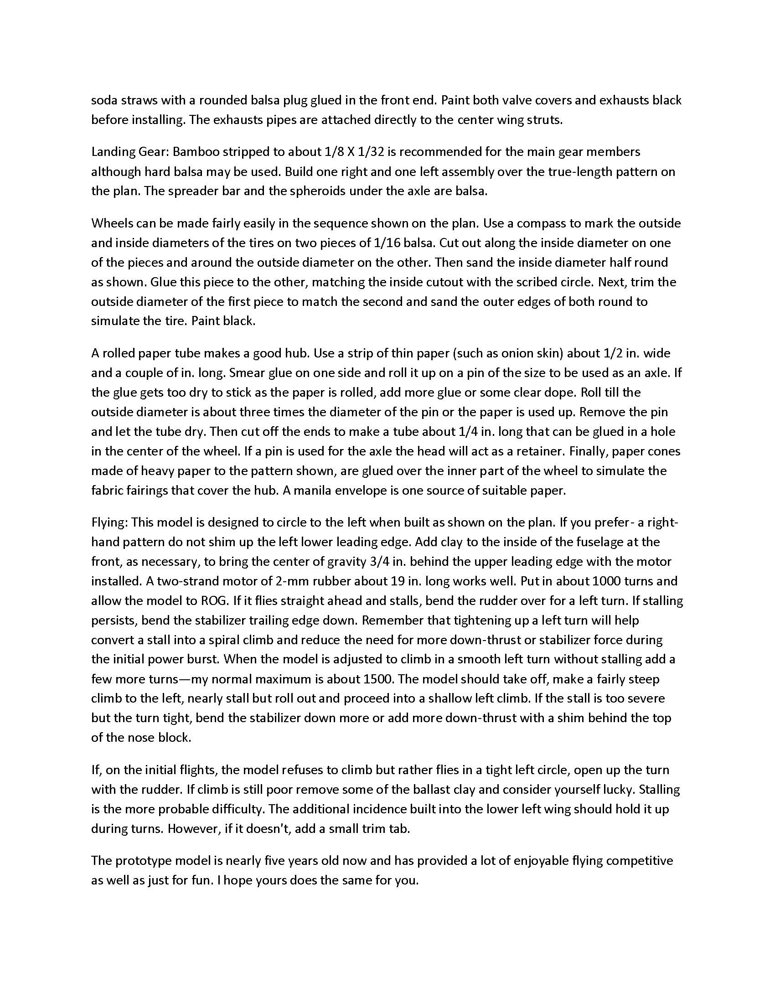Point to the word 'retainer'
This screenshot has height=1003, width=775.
pyautogui.click(x=540, y=451)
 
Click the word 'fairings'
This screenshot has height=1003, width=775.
pyautogui.click(x=146, y=490)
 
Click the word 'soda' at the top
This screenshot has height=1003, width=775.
pyautogui.click(x=104, y=100)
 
